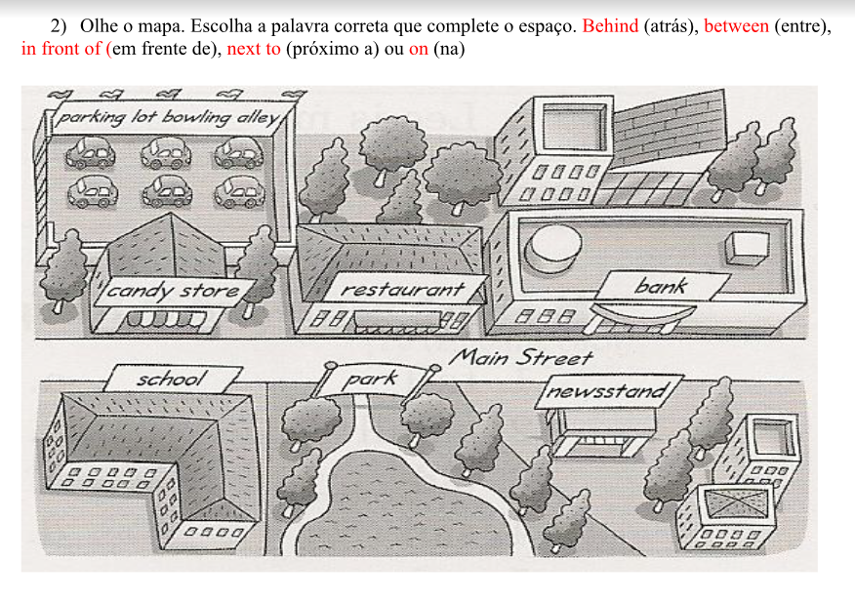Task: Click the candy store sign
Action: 173,291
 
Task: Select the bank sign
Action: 661,286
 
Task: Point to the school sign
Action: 172,378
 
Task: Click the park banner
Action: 372,378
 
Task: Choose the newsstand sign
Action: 607,391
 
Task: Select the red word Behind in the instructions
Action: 610,26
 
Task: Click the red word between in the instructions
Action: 736,26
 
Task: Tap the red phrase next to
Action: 253,48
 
